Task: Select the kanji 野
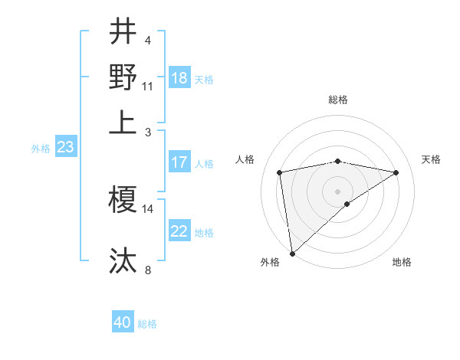[x=123, y=77]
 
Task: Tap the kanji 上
[x=123, y=122]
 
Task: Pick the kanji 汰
[x=123, y=260]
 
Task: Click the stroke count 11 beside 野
[x=148, y=87]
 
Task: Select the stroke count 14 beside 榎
[x=148, y=208]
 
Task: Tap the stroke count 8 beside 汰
[x=148, y=270]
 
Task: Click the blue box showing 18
[x=179, y=78]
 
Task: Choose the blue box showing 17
[x=179, y=162]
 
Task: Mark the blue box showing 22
[x=179, y=231]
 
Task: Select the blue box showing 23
[x=65, y=147]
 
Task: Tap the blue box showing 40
[x=123, y=323]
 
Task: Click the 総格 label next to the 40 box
[x=147, y=324]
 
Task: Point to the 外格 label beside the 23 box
[x=41, y=149]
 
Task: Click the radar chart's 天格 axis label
[x=431, y=159]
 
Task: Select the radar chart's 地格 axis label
[x=402, y=262]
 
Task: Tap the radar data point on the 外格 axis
[x=292, y=253]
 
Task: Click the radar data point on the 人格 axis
[x=280, y=172]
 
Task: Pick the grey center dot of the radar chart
[x=338, y=191]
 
